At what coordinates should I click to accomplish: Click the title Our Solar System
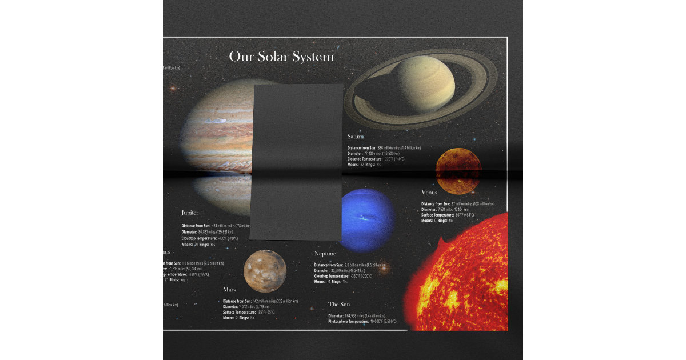[x=281, y=57]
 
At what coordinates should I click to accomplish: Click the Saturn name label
[x=356, y=137]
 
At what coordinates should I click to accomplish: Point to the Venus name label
[x=429, y=193]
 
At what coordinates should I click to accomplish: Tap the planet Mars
[x=265, y=271]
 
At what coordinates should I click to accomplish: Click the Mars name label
[x=229, y=290]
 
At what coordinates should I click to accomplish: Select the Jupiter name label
[x=190, y=213]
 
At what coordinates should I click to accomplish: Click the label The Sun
[x=339, y=305]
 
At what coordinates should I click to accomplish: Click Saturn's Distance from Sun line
[x=384, y=148]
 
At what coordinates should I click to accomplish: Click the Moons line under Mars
[x=238, y=318]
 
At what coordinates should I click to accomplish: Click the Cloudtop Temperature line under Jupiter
[x=209, y=238]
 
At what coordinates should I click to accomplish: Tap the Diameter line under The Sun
[x=356, y=316]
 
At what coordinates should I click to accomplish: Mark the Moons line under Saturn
[x=364, y=165]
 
